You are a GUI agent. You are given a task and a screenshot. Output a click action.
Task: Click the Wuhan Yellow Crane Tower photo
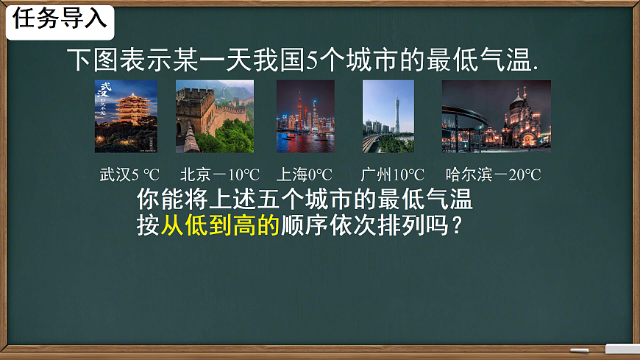tap(126, 116)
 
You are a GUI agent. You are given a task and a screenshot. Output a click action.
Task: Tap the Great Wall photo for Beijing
tap(215, 116)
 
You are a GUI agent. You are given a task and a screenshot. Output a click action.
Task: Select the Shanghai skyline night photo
tap(305, 116)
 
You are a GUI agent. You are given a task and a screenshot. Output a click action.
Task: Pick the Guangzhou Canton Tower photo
tap(388, 116)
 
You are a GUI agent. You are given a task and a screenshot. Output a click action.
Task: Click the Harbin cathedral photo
tap(496, 116)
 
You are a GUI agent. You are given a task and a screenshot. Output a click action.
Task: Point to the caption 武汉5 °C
tap(129, 175)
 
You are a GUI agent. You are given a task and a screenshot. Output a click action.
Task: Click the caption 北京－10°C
tap(220, 175)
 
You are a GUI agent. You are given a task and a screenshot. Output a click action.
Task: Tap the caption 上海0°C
tap(304, 175)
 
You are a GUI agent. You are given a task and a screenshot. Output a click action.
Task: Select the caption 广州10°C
tap(393, 175)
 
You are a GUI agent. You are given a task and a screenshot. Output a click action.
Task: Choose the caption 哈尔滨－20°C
tap(493, 175)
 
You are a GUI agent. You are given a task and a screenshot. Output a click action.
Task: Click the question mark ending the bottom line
tap(458, 225)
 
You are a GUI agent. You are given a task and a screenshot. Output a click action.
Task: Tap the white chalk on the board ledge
tap(580, 350)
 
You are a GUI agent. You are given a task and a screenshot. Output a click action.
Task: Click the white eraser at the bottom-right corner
tap(622, 349)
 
